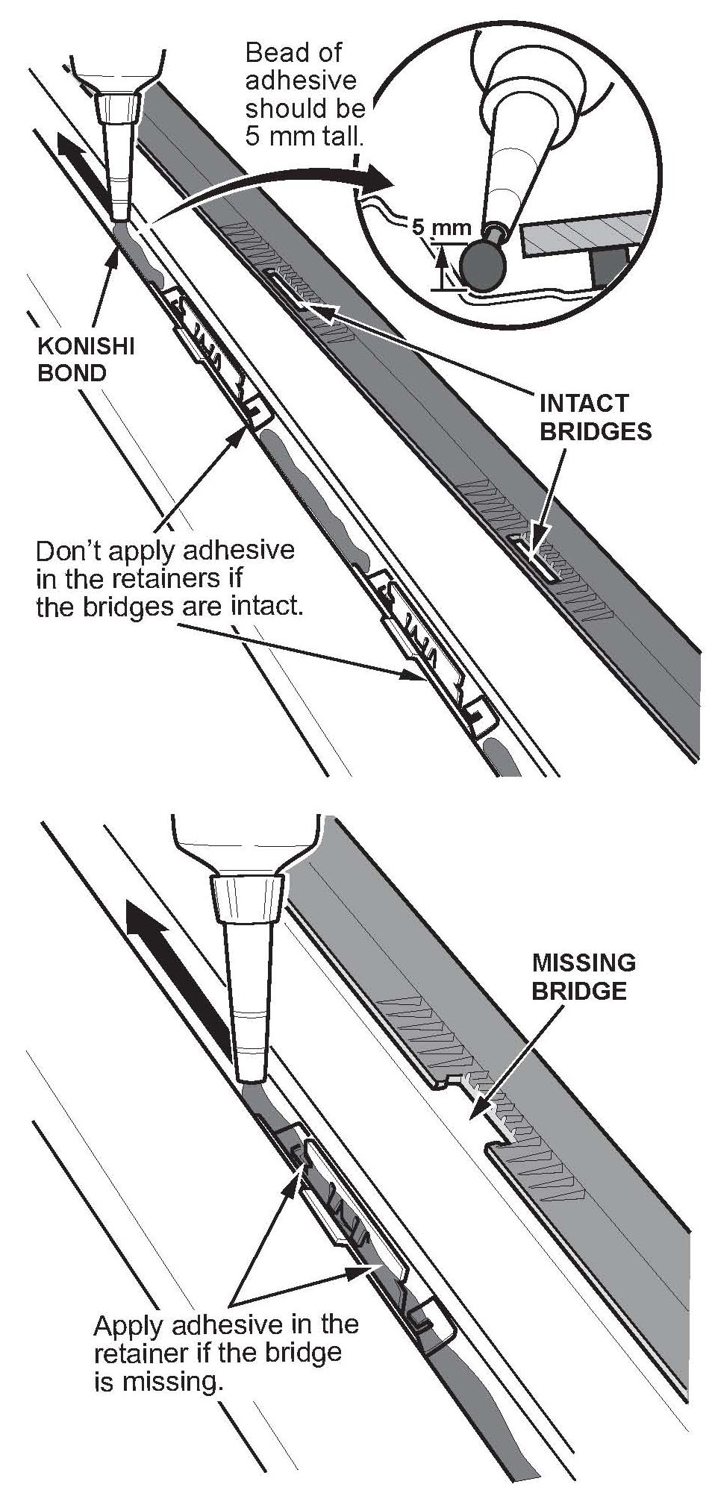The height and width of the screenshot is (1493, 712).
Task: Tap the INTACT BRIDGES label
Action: (596, 417)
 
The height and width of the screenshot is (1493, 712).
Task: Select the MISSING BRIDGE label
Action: (583, 976)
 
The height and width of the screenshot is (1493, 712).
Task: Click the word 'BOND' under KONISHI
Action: (72, 372)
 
